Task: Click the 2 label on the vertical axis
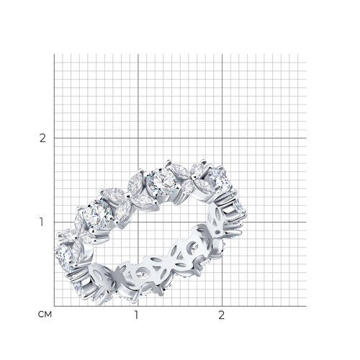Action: (x=42, y=138)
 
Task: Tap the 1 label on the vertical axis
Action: (x=42, y=222)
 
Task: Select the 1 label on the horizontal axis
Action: (x=137, y=315)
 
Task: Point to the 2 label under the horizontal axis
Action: (x=222, y=315)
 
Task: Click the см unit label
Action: (x=45, y=315)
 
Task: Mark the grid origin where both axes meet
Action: (x=54, y=306)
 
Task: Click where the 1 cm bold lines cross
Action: (x=138, y=222)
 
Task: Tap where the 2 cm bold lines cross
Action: (x=222, y=138)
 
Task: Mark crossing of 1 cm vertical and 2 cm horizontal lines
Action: (x=138, y=138)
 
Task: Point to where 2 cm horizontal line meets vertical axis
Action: (x=54, y=138)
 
